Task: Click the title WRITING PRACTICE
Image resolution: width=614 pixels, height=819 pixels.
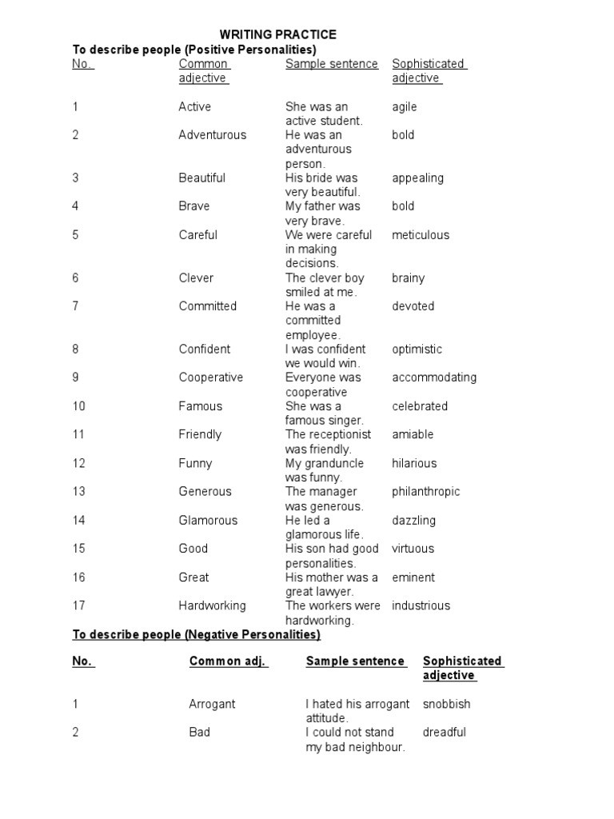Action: coord(278,34)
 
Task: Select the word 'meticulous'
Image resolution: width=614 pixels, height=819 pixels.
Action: coord(421,235)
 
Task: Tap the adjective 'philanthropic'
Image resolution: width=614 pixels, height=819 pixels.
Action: coord(426,492)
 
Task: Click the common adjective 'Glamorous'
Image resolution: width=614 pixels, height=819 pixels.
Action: coord(208,521)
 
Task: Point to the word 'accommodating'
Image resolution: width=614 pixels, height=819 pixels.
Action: coord(434,378)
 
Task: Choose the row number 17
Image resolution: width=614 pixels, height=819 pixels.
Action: coord(78,606)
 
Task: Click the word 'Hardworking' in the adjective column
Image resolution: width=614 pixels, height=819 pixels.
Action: coord(212,606)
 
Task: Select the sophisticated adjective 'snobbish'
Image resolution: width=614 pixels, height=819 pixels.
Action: coord(446,705)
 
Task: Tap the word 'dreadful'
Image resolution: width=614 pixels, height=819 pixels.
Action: coord(444,733)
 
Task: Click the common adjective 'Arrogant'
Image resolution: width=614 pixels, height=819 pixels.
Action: coord(212,705)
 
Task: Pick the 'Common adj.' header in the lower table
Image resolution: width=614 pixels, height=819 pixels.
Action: coord(228,661)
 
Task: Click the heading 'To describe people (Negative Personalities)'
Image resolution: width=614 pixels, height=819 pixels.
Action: coord(197,635)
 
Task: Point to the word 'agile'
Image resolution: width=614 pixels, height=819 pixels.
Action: coord(405,107)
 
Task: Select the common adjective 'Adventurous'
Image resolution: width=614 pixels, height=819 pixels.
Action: coord(213,135)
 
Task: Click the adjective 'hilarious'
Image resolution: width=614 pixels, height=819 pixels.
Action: coord(414,463)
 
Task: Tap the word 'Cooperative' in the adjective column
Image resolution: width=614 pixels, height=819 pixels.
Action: coord(211,378)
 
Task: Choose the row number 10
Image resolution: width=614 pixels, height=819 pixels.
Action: coord(79,406)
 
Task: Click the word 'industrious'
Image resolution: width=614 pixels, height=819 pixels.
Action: coord(421,606)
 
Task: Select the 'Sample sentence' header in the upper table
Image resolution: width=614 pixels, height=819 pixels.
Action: coord(332,64)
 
